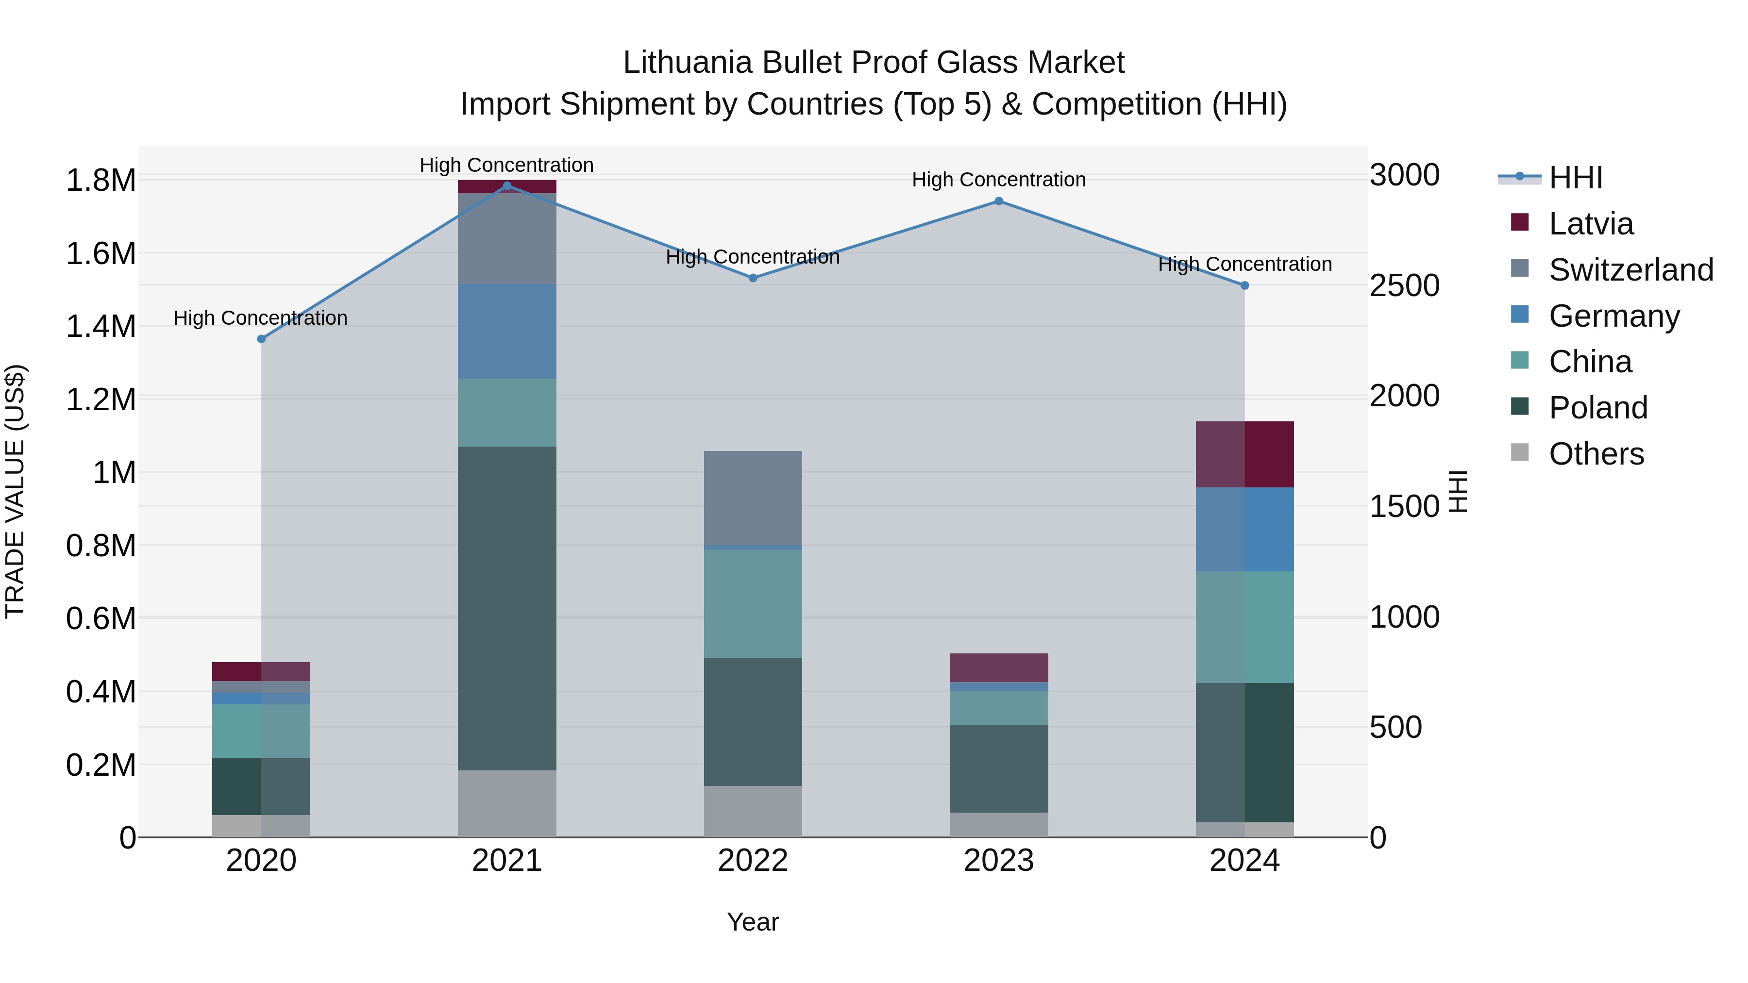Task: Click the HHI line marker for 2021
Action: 507,186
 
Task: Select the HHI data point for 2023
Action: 998,201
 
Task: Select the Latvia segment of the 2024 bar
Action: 1244,454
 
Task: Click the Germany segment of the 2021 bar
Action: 507,331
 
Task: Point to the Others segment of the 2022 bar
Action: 753,811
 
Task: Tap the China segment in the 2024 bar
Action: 1244,626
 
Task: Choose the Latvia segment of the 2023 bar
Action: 998,667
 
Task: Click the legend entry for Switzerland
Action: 1630,270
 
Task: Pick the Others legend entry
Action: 1596,454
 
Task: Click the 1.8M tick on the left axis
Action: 101,181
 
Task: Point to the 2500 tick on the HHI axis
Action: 1404,285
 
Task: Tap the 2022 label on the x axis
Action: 753,861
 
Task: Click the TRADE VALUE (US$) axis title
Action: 15,491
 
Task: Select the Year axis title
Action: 753,922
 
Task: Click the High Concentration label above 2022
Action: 753,257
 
